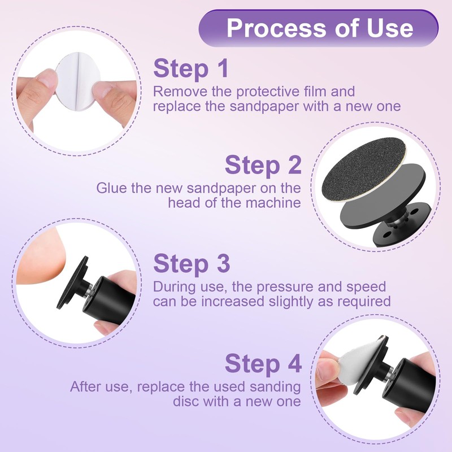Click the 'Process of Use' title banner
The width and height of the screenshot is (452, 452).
pos(318,28)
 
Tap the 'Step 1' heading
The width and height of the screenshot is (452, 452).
pos(191,68)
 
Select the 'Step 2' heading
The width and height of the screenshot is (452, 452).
pos(263,164)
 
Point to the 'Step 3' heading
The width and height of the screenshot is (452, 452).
pos(192,263)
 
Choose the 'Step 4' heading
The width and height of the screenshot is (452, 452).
pos(263,363)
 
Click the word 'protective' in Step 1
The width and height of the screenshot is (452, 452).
pos(268,92)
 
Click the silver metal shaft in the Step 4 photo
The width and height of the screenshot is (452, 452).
pos(390,374)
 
